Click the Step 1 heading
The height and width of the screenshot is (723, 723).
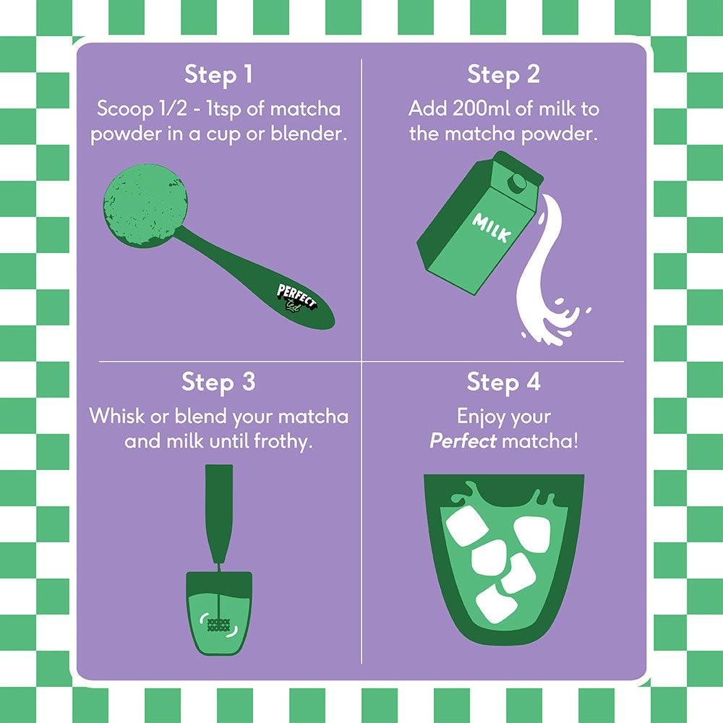[218, 74]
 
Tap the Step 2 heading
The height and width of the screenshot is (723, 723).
[503, 74]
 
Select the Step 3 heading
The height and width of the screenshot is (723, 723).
[218, 382]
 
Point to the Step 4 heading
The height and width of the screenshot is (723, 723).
[503, 382]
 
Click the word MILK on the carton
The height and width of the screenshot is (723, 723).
[492, 227]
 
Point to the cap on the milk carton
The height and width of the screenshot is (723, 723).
[518, 182]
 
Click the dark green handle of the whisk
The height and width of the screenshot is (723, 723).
[219, 513]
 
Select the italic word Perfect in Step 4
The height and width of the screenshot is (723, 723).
[463, 442]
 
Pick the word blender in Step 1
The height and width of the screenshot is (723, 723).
[309, 134]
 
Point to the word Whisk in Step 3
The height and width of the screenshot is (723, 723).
[116, 416]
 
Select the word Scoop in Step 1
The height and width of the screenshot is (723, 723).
[124, 110]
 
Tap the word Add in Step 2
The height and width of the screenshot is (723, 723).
[427, 109]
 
